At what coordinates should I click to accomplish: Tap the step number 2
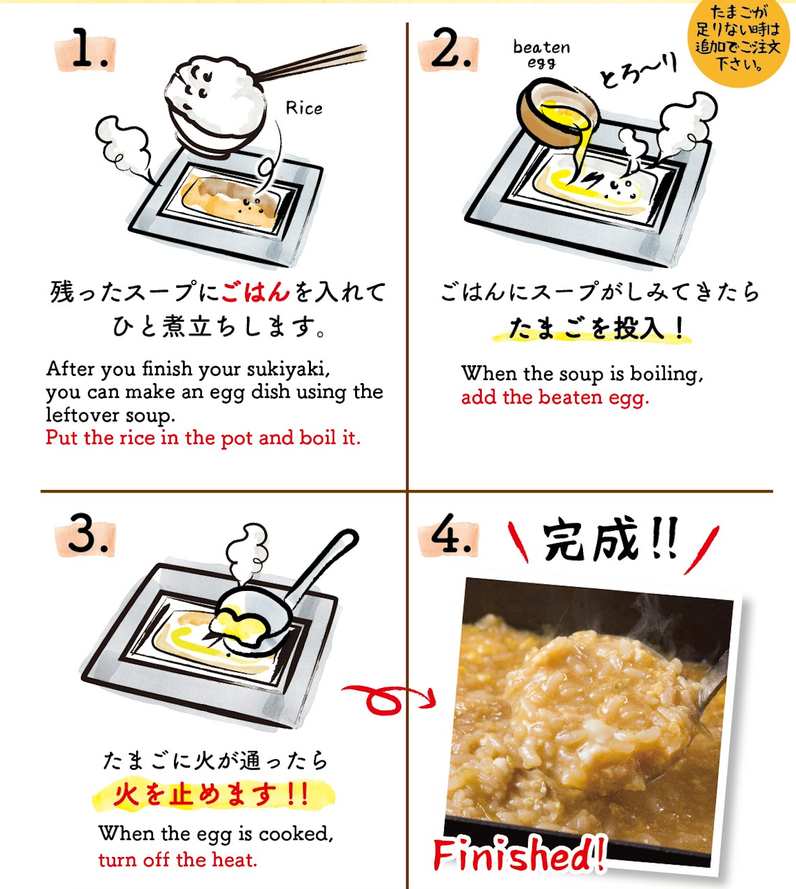point(452,48)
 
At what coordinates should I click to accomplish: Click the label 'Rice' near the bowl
point(304,108)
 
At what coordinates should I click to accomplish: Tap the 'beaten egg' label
point(541,54)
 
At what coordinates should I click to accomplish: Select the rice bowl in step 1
point(215,106)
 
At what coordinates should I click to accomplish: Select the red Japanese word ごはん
point(255,292)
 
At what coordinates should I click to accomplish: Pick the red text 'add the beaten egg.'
point(555,398)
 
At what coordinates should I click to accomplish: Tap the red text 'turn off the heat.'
point(177,860)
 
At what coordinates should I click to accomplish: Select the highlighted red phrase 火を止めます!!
point(211,795)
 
